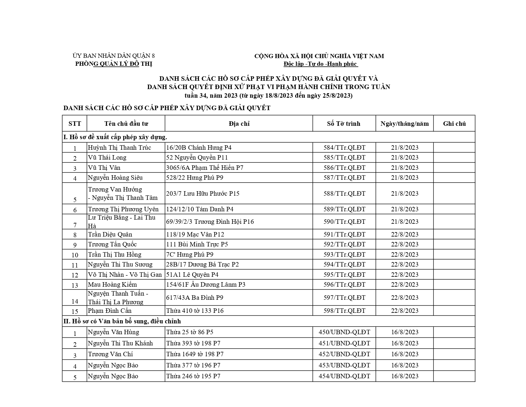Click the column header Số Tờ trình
pos(344,124)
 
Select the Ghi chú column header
pos(454,124)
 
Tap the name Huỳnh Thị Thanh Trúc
pos(119,147)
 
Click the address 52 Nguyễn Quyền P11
pos(197,157)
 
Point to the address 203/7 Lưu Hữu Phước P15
pos(202,193)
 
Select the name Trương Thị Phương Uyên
pos(123,209)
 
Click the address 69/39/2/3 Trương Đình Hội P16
pos(210,222)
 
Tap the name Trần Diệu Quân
pos(110,234)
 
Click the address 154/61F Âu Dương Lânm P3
pos(206,284)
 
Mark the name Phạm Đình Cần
pos(110,311)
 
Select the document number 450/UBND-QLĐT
pos(344,332)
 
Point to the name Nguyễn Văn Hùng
pos(113,332)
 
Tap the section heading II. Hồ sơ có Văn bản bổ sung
pos(122,321)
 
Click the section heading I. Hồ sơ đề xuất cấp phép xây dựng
pos(115,137)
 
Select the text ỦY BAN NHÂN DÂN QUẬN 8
pos(113,56)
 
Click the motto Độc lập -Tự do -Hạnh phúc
pos(320,64)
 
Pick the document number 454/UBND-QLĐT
pos(344,376)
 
